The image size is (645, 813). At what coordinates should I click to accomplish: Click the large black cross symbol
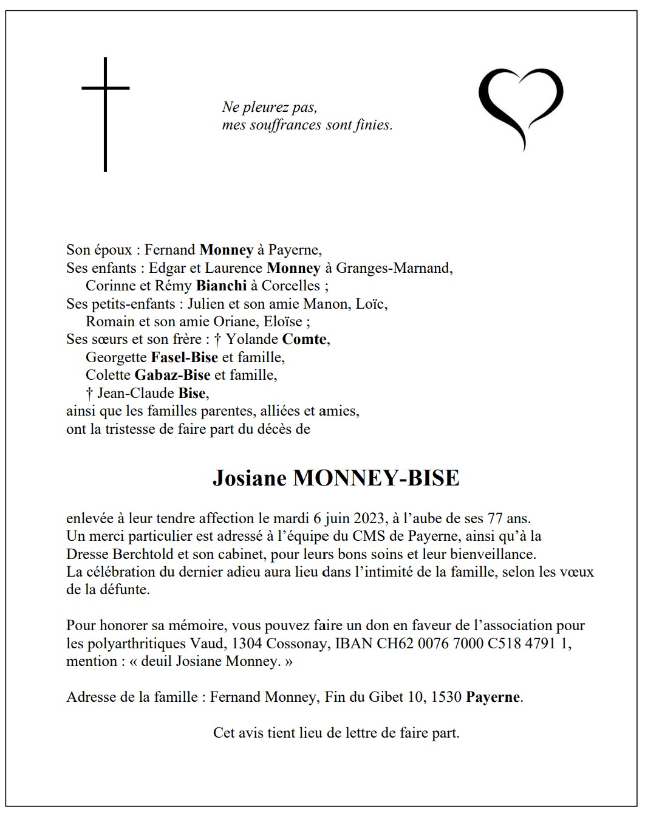click(x=106, y=114)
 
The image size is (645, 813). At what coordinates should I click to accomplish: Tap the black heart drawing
click(x=520, y=106)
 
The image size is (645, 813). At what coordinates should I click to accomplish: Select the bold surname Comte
click(x=304, y=339)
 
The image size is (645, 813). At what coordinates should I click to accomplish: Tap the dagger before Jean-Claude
click(x=90, y=393)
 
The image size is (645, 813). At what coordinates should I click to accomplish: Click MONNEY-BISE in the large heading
click(x=376, y=479)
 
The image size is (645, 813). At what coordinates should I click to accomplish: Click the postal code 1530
click(x=446, y=698)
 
